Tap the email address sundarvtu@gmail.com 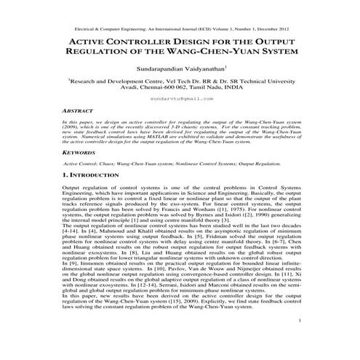point(180,97)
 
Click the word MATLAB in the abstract point(164,135)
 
